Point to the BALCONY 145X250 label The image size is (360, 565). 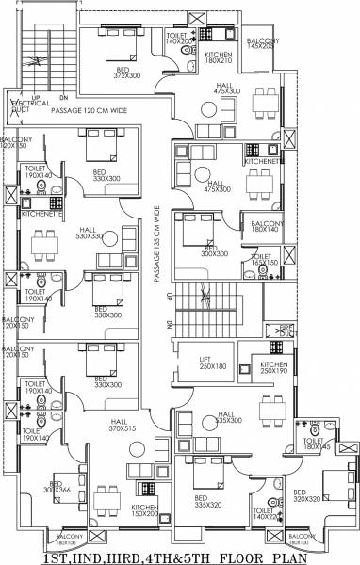(x=263, y=43)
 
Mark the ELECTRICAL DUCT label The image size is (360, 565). (x=24, y=105)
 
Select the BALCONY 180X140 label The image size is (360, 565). (x=267, y=226)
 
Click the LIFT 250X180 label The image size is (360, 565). (x=213, y=363)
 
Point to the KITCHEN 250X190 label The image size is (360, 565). (x=274, y=367)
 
